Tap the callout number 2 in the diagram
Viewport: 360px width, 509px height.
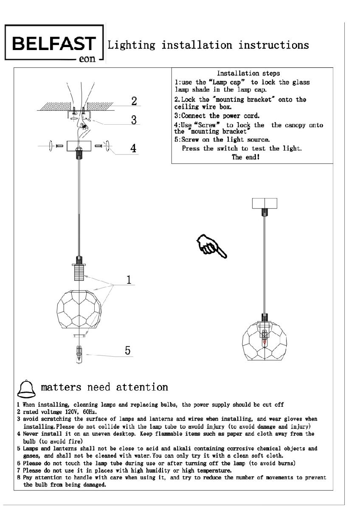coord(134,101)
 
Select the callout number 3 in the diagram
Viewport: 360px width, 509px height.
coord(134,120)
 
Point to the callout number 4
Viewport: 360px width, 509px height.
coord(133,148)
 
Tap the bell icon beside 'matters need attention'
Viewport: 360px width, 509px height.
coord(27,387)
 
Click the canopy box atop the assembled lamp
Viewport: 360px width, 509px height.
coord(264,203)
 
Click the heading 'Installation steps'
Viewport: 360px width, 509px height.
coord(248,73)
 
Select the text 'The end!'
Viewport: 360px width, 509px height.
coord(245,157)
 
